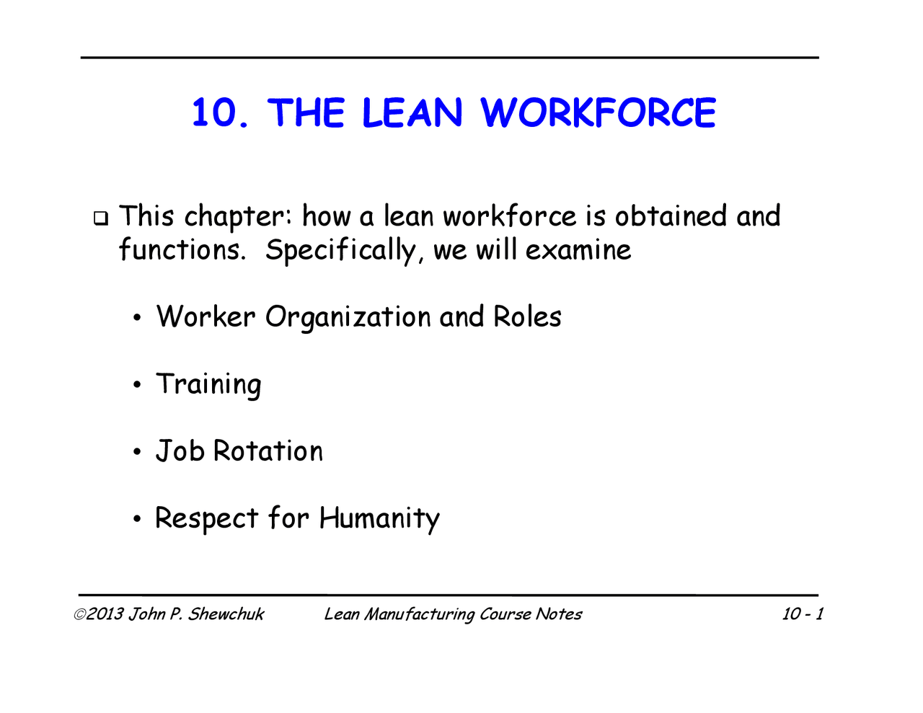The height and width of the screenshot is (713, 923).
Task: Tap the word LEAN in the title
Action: (x=412, y=114)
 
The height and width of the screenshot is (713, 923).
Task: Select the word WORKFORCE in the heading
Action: (x=598, y=114)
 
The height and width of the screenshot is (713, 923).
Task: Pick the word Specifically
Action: (x=341, y=250)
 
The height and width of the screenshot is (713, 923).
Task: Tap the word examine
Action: (x=578, y=250)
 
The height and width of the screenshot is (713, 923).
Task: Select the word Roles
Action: (x=527, y=316)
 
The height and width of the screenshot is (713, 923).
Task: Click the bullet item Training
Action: (x=208, y=384)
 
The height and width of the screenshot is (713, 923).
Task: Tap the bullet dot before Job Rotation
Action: (x=137, y=453)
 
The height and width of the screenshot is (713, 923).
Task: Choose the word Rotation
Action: (x=268, y=451)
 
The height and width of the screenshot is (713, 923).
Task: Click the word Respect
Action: (x=206, y=519)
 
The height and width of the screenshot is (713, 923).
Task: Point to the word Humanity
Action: (x=379, y=519)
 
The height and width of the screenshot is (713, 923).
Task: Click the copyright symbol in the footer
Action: (x=79, y=614)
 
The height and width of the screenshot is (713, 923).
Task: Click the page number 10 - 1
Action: (x=803, y=614)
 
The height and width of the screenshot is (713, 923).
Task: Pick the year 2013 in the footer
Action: (x=105, y=614)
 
